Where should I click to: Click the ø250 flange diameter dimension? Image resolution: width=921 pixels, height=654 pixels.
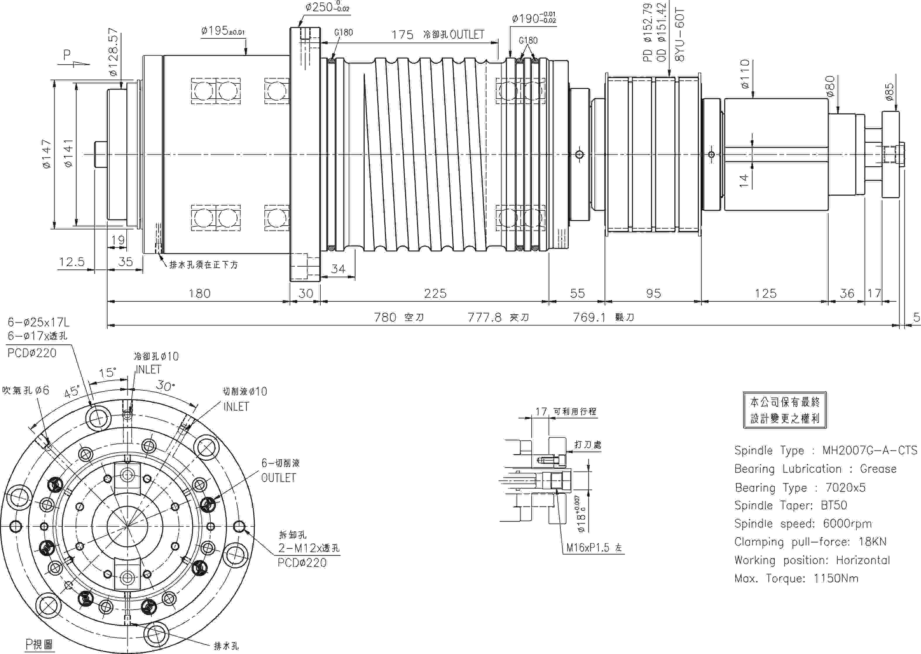(x=327, y=7)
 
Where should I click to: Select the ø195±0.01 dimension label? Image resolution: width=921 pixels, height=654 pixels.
(x=223, y=31)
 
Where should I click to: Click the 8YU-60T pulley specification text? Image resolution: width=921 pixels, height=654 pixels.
(x=679, y=35)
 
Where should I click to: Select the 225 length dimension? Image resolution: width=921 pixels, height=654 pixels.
(x=435, y=293)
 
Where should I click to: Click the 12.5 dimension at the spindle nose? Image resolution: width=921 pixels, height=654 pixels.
(x=72, y=262)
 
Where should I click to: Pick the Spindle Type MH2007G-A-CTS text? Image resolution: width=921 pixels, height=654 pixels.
(x=825, y=450)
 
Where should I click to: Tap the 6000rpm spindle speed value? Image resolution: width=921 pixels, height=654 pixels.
(x=847, y=523)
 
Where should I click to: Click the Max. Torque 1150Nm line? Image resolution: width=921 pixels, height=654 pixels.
(x=796, y=578)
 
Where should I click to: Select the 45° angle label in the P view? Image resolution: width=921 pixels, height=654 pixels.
(x=72, y=392)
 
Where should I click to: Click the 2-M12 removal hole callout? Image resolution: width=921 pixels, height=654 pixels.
(x=309, y=548)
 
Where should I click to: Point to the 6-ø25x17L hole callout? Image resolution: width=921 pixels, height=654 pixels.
(x=39, y=322)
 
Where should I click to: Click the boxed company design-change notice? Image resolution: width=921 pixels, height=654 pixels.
(x=785, y=410)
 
